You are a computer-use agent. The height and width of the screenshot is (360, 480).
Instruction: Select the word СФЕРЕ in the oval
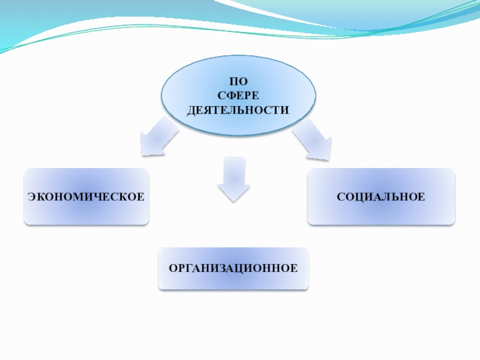coord(238,97)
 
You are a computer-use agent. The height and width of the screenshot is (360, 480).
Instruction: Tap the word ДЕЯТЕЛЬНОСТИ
coord(238,110)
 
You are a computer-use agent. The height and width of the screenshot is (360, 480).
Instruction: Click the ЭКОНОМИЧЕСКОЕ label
coord(86,197)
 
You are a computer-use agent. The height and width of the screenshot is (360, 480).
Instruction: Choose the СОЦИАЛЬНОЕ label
coord(381,197)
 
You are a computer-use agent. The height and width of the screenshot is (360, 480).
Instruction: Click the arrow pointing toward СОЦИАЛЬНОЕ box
coord(313,140)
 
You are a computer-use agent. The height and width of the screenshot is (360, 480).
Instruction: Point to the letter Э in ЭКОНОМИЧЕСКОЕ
coord(32,197)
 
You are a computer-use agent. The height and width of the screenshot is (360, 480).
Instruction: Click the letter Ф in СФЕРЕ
coord(230,97)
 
